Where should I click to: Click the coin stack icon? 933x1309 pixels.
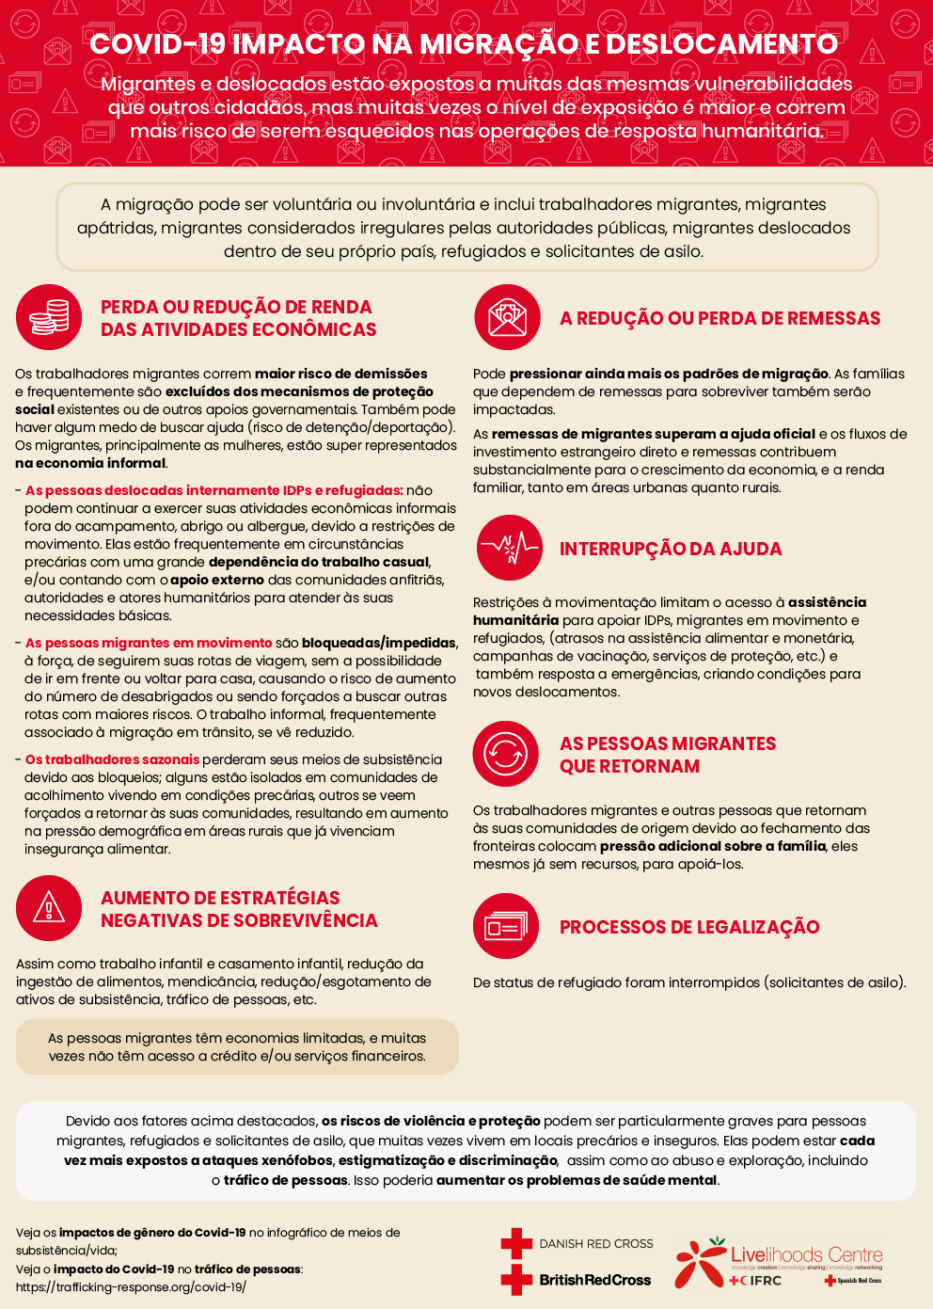tap(49, 317)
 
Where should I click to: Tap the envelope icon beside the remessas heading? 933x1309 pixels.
tap(507, 318)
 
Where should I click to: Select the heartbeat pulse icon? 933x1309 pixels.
tap(508, 548)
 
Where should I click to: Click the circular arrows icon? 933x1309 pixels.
tap(506, 754)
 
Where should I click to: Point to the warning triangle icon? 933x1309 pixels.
tap(49, 908)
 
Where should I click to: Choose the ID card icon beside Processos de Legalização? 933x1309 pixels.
tap(506, 927)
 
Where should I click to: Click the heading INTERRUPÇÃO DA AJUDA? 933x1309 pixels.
tap(671, 549)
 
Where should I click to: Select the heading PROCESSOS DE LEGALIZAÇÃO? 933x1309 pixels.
tap(689, 927)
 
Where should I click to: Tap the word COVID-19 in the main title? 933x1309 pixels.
tap(157, 43)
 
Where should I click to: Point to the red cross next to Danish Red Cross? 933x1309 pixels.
tap(516, 1243)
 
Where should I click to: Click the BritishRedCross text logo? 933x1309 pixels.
tap(595, 1280)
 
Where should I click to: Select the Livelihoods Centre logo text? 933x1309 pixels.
tap(806, 1254)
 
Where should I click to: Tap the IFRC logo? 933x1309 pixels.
tap(756, 1281)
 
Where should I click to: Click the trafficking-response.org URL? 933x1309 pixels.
tap(131, 1287)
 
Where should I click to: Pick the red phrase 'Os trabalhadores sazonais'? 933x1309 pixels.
tap(112, 759)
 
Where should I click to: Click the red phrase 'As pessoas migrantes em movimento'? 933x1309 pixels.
tap(149, 643)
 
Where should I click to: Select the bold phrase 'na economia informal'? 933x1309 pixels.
tap(90, 463)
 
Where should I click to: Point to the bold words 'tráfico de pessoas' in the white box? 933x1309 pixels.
tap(286, 1180)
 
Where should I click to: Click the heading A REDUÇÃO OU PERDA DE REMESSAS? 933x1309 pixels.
tap(720, 318)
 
